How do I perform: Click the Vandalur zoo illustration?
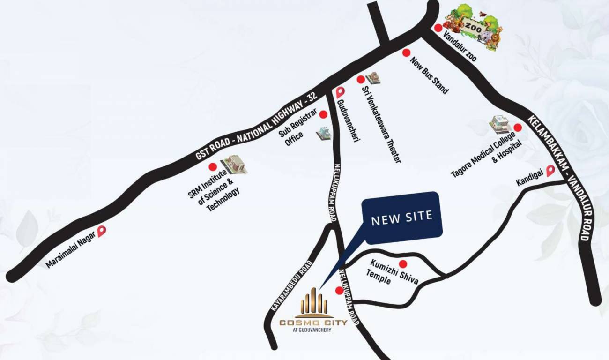point(475,27)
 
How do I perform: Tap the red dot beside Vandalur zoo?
point(438,28)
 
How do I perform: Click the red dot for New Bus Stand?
point(407,53)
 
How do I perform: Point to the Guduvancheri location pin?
point(340,92)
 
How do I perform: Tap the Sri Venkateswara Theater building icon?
point(373,78)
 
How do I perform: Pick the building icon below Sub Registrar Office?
point(323,133)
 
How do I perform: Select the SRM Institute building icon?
point(234,165)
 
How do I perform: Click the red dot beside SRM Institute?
point(213,166)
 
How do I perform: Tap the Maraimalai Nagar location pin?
point(102,231)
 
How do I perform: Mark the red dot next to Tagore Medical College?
point(518,127)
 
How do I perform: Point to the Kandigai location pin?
point(550,171)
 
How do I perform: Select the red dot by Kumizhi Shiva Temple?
point(402,264)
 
